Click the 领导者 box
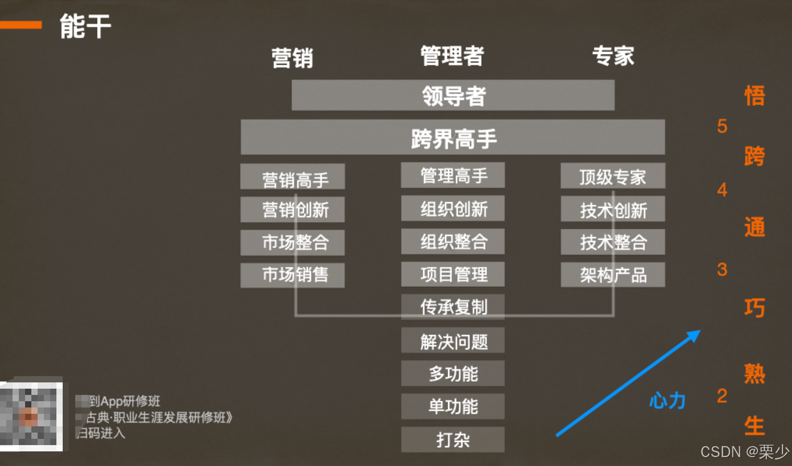[453, 96]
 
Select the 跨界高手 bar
[453, 137]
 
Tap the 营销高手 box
[293, 177]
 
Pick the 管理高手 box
[453, 176]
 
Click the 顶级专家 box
[613, 176]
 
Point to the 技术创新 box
[613, 209]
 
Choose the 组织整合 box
[453, 241]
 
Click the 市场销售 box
[293, 275]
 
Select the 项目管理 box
[453, 274]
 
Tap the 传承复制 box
[453, 307]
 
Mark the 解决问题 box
[453, 341]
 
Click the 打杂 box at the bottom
[453, 439]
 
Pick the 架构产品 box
[613, 275]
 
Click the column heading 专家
[613, 56]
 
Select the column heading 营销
[293, 57]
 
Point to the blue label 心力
[667, 401]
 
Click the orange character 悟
[754, 96]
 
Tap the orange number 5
[722, 126]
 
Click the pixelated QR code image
[31, 416]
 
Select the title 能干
[85, 26]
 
